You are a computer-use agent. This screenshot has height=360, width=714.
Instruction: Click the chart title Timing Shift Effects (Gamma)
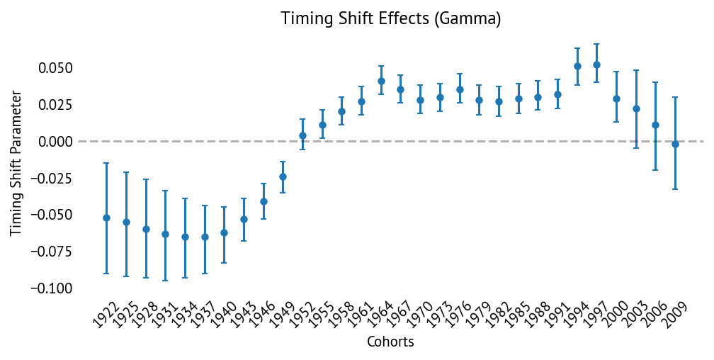click(391, 18)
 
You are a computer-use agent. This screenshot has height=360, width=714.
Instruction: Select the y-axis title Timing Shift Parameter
click(16, 162)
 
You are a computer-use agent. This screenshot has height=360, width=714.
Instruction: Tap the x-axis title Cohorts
click(390, 342)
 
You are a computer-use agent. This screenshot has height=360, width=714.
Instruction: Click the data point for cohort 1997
click(596, 64)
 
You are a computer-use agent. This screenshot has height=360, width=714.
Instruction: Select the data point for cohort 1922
click(107, 218)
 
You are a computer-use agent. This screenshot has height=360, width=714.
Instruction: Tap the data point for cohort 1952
click(302, 135)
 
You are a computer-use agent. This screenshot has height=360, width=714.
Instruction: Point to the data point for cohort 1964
click(381, 81)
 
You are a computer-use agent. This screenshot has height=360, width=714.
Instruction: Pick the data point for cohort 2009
click(675, 144)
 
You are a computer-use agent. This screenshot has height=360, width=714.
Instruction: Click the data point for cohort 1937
click(205, 237)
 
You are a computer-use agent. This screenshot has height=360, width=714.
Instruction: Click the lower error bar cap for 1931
click(165, 281)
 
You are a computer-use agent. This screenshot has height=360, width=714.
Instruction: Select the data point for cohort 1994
click(577, 66)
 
